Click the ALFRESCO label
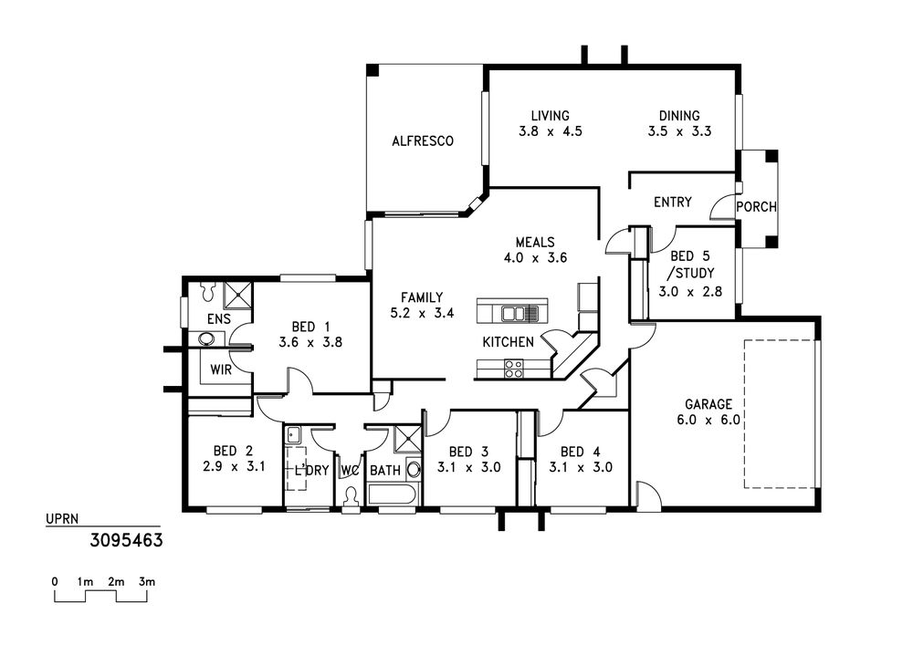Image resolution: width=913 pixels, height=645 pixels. click(422, 140)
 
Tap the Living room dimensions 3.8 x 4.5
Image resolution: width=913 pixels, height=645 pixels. click(551, 131)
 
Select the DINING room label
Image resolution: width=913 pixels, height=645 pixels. click(679, 116)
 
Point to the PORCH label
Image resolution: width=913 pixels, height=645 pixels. click(756, 206)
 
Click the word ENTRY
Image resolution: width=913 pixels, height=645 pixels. click(673, 202)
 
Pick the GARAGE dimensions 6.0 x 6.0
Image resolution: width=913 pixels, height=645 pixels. click(708, 420)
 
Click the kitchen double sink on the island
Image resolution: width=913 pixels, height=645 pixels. click(513, 314)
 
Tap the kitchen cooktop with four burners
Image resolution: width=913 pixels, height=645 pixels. click(513, 369)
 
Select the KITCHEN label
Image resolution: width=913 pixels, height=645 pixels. click(509, 342)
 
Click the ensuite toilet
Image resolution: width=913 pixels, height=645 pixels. click(208, 291)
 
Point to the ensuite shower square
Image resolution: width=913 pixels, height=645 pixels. click(238, 295)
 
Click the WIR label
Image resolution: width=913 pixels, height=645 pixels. click(221, 369)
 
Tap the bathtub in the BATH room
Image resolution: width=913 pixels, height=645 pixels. click(392, 496)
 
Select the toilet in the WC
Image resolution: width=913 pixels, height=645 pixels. click(351, 498)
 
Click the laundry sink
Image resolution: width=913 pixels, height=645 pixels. click(293, 434)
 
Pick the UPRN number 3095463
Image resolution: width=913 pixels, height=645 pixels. click(126, 540)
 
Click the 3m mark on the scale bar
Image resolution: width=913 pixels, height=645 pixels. click(147, 582)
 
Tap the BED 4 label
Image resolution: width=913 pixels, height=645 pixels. click(581, 452)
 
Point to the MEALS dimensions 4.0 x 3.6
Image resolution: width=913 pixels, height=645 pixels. click(535, 257)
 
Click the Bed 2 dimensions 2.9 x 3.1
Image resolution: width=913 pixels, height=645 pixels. click(234, 466)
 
